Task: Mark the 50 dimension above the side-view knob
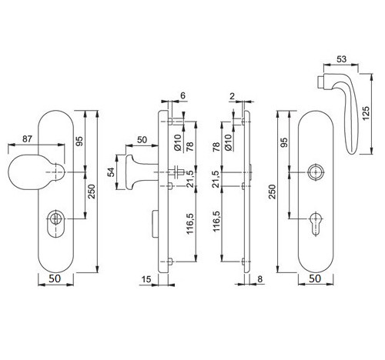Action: [x=142, y=139]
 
